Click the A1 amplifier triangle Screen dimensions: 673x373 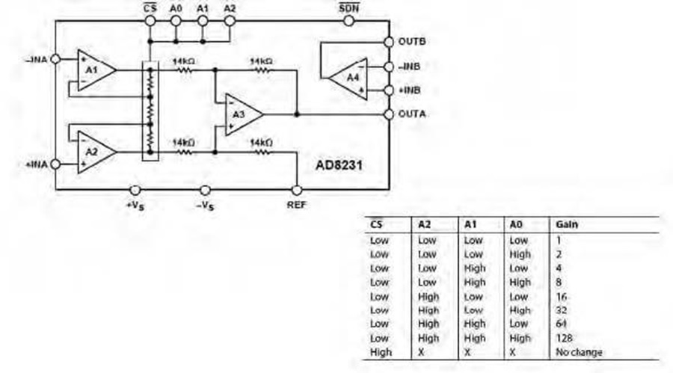(x=95, y=70)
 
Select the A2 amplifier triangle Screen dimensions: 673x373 (x=95, y=152)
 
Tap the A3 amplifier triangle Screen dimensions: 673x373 (x=242, y=114)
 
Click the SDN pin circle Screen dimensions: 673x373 (x=349, y=21)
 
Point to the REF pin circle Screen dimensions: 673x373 (x=297, y=190)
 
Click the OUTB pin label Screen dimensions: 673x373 (x=412, y=42)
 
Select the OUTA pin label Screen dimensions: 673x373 (x=412, y=114)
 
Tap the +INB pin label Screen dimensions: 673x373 (x=409, y=90)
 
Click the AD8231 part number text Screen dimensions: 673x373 (x=339, y=165)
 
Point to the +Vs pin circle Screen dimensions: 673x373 (x=135, y=190)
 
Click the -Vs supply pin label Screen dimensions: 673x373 (x=205, y=206)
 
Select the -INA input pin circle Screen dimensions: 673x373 (x=56, y=59)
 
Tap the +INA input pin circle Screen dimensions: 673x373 (x=56, y=164)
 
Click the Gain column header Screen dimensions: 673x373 (x=567, y=224)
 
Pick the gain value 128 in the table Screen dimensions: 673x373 (x=564, y=338)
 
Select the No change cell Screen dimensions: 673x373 (x=579, y=352)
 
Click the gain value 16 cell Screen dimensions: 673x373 (x=562, y=297)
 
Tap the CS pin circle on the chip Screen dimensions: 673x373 (x=150, y=21)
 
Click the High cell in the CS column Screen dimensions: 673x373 (x=381, y=352)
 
